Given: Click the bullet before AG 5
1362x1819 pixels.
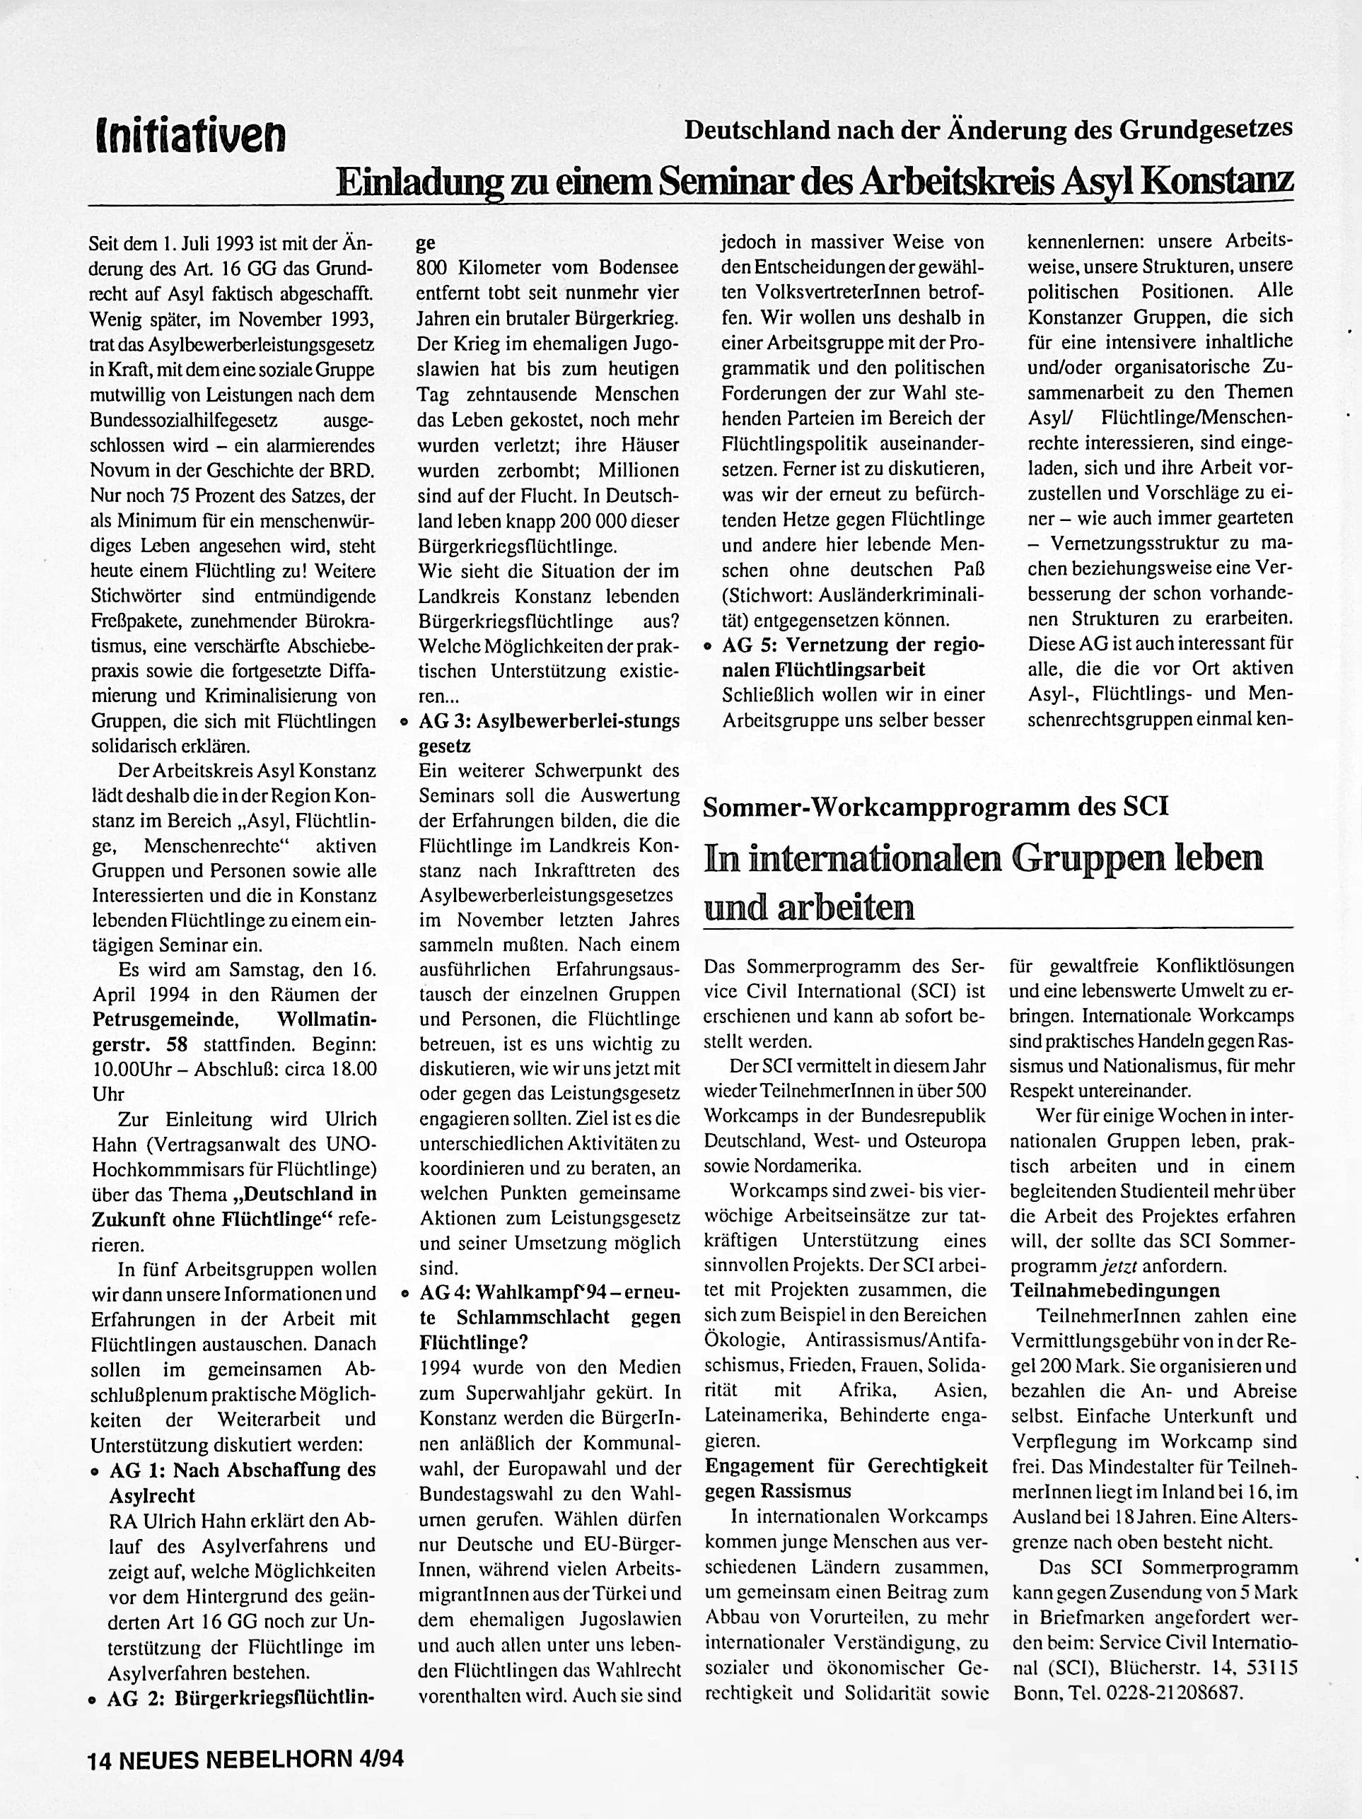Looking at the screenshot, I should coord(706,646).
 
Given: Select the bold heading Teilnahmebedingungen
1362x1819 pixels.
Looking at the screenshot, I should coord(1114,1289).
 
